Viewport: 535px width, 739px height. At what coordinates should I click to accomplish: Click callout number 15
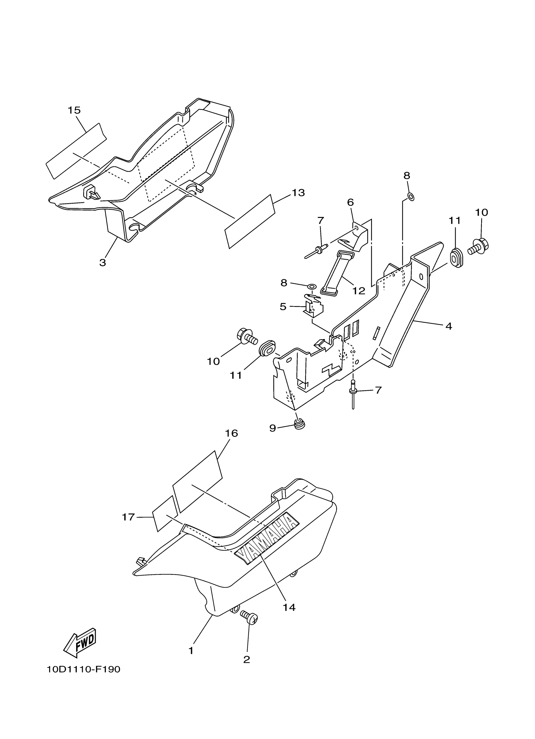click(74, 110)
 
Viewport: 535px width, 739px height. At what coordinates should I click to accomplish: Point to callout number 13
click(298, 193)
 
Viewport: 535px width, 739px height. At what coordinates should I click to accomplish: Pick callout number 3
click(103, 263)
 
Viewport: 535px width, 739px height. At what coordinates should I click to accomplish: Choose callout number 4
click(449, 326)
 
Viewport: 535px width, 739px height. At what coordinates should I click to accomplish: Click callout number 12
click(359, 291)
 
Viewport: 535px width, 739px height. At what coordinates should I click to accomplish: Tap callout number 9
click(273, 428)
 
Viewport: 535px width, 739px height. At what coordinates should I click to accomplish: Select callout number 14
click(289, 607)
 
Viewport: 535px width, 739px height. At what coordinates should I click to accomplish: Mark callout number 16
click(231, 433)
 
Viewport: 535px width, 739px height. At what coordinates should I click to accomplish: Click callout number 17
click(128, 517)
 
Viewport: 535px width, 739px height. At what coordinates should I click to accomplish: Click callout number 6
click(350, 202)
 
